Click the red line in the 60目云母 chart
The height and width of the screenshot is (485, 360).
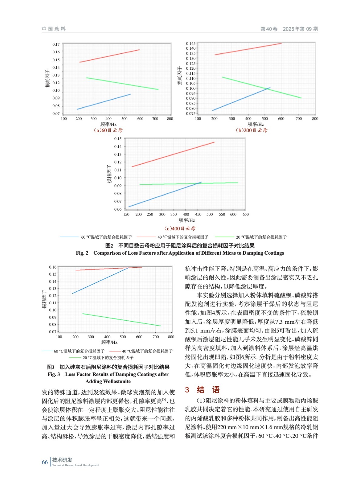[x=109, y=56]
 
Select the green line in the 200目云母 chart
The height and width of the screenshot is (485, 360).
[x=261, y=87]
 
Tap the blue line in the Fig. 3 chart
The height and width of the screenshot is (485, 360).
[x=100, y=281]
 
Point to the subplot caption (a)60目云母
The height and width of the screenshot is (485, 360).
[x=108, y=130]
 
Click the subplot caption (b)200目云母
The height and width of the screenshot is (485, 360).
[x=251, y=130]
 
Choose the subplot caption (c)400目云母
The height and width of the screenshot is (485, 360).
[x=180, y=229]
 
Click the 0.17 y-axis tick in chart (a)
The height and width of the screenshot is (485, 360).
[x=56, y=45]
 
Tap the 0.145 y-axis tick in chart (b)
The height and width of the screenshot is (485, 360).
[x=191, y=44]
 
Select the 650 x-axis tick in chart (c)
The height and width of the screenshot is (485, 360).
[x=245, y=214]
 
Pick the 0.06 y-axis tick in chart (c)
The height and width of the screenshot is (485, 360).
[x=118, y=209]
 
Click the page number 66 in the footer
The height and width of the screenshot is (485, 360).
[x=45, y=462]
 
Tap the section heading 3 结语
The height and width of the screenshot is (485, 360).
[x=202, y=390]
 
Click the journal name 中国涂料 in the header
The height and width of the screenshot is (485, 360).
[x=54, y=29]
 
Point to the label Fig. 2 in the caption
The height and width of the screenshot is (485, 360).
[x=82, y=253]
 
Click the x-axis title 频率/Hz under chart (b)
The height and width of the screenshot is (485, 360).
[x=255, y=124]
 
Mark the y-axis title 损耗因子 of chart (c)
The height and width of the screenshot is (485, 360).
[x=109, y=174]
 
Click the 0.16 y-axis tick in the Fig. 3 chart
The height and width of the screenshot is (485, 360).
[x=53, y=267]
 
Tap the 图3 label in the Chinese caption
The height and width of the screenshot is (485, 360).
[x=50, y=367]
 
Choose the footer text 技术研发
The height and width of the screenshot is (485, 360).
[x=62, y=460]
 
